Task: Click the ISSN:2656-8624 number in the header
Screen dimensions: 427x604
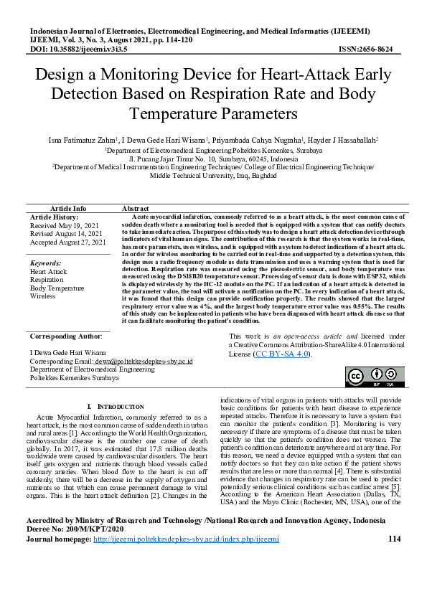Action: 366,49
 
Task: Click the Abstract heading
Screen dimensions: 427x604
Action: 136,207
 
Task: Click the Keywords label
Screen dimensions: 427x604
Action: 46,263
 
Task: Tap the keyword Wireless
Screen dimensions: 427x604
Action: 42,296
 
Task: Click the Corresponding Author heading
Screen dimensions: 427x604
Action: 65,336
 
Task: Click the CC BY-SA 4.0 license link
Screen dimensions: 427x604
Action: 282,354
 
